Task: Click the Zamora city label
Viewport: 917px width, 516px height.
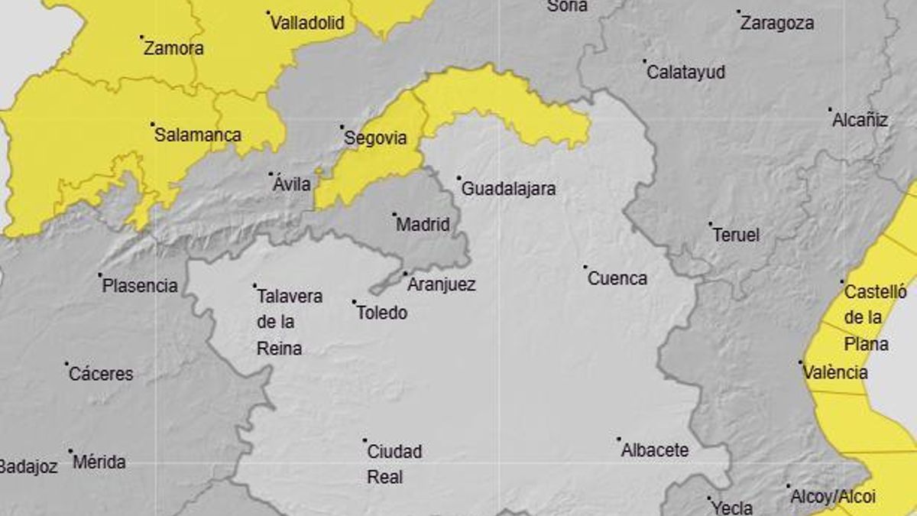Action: point(173,48)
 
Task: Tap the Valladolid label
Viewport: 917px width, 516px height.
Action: point(313,23)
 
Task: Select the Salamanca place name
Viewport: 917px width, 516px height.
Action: point(197,135)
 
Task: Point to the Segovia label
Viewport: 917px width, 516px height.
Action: point(375,139)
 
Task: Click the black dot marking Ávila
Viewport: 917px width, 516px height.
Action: point(271,174)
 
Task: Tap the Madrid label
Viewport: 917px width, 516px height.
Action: point(423,225)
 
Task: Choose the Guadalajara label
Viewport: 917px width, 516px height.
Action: point(509,189)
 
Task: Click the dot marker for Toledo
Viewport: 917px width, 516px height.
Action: point(355,302)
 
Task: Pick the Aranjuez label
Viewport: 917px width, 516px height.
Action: point(442,284)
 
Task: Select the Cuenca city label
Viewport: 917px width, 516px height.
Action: point(617,278)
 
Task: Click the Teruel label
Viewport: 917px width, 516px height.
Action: point(736,235)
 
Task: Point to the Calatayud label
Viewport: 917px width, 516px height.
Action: point(685,73)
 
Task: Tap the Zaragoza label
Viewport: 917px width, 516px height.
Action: point(776,23)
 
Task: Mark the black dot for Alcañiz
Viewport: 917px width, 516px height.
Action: point(831,109)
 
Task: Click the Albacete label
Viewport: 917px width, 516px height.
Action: point(655,450)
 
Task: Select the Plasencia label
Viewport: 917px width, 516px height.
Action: point(140,286)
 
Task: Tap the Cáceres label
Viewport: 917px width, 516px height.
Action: point(101,374)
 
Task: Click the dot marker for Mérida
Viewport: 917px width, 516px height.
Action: point(70,451)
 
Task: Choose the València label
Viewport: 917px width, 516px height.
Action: point(835,372)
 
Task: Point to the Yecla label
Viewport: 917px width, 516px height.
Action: point(731,506)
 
